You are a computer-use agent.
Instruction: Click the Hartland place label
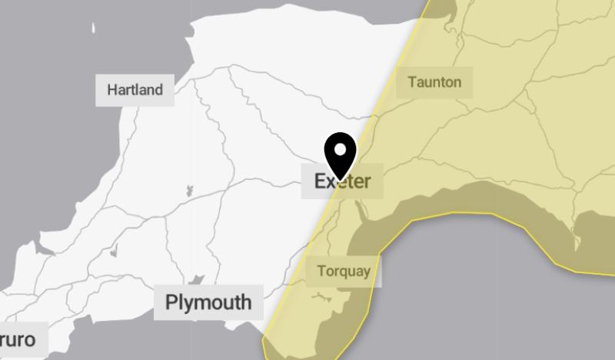[135, 90]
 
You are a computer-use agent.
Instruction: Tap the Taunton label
[434, 82]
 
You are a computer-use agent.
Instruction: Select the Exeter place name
[342, 182]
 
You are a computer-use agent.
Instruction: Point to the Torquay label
[343, 271]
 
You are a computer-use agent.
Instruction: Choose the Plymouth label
[208, 302]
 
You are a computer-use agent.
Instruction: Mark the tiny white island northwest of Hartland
[94, 28]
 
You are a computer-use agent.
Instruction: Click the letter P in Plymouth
[171, 302]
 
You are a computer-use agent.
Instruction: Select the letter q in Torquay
[344, 272]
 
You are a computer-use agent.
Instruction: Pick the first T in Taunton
[412, 82]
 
